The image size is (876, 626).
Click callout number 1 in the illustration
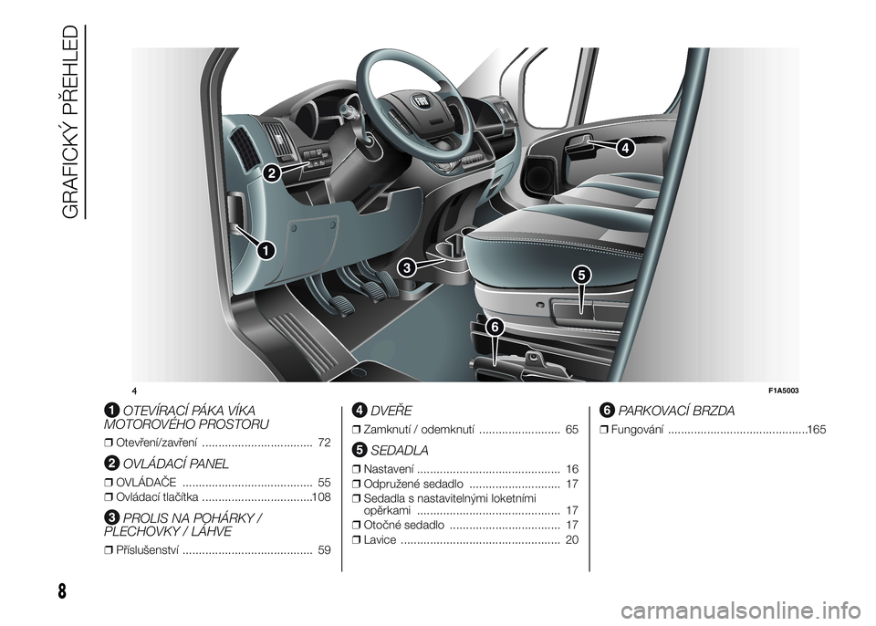[x=266, y=250]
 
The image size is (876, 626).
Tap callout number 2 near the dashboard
[x=270, y=173]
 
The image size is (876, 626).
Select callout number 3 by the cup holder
[x=407, y=267]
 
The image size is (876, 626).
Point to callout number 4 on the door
[x=626, y=148]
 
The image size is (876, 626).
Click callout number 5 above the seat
[x=581, y=275]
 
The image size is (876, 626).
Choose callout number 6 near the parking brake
[x=495, y=327]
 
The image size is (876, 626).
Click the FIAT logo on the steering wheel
[x=419, y=102]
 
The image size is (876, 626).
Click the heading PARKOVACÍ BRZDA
[x=676, y=412]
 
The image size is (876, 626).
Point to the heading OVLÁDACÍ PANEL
[x=175, y=464]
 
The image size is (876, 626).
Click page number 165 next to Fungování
[x=817, y=430]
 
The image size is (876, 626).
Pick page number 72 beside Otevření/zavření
[x=324, y=443]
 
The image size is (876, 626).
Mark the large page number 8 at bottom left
[x=61, y=591]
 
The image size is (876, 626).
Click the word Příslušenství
[x=148, y=550]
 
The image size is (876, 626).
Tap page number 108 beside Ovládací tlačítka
[x=321, y=497]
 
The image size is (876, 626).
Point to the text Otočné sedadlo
[x=404, y=526]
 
